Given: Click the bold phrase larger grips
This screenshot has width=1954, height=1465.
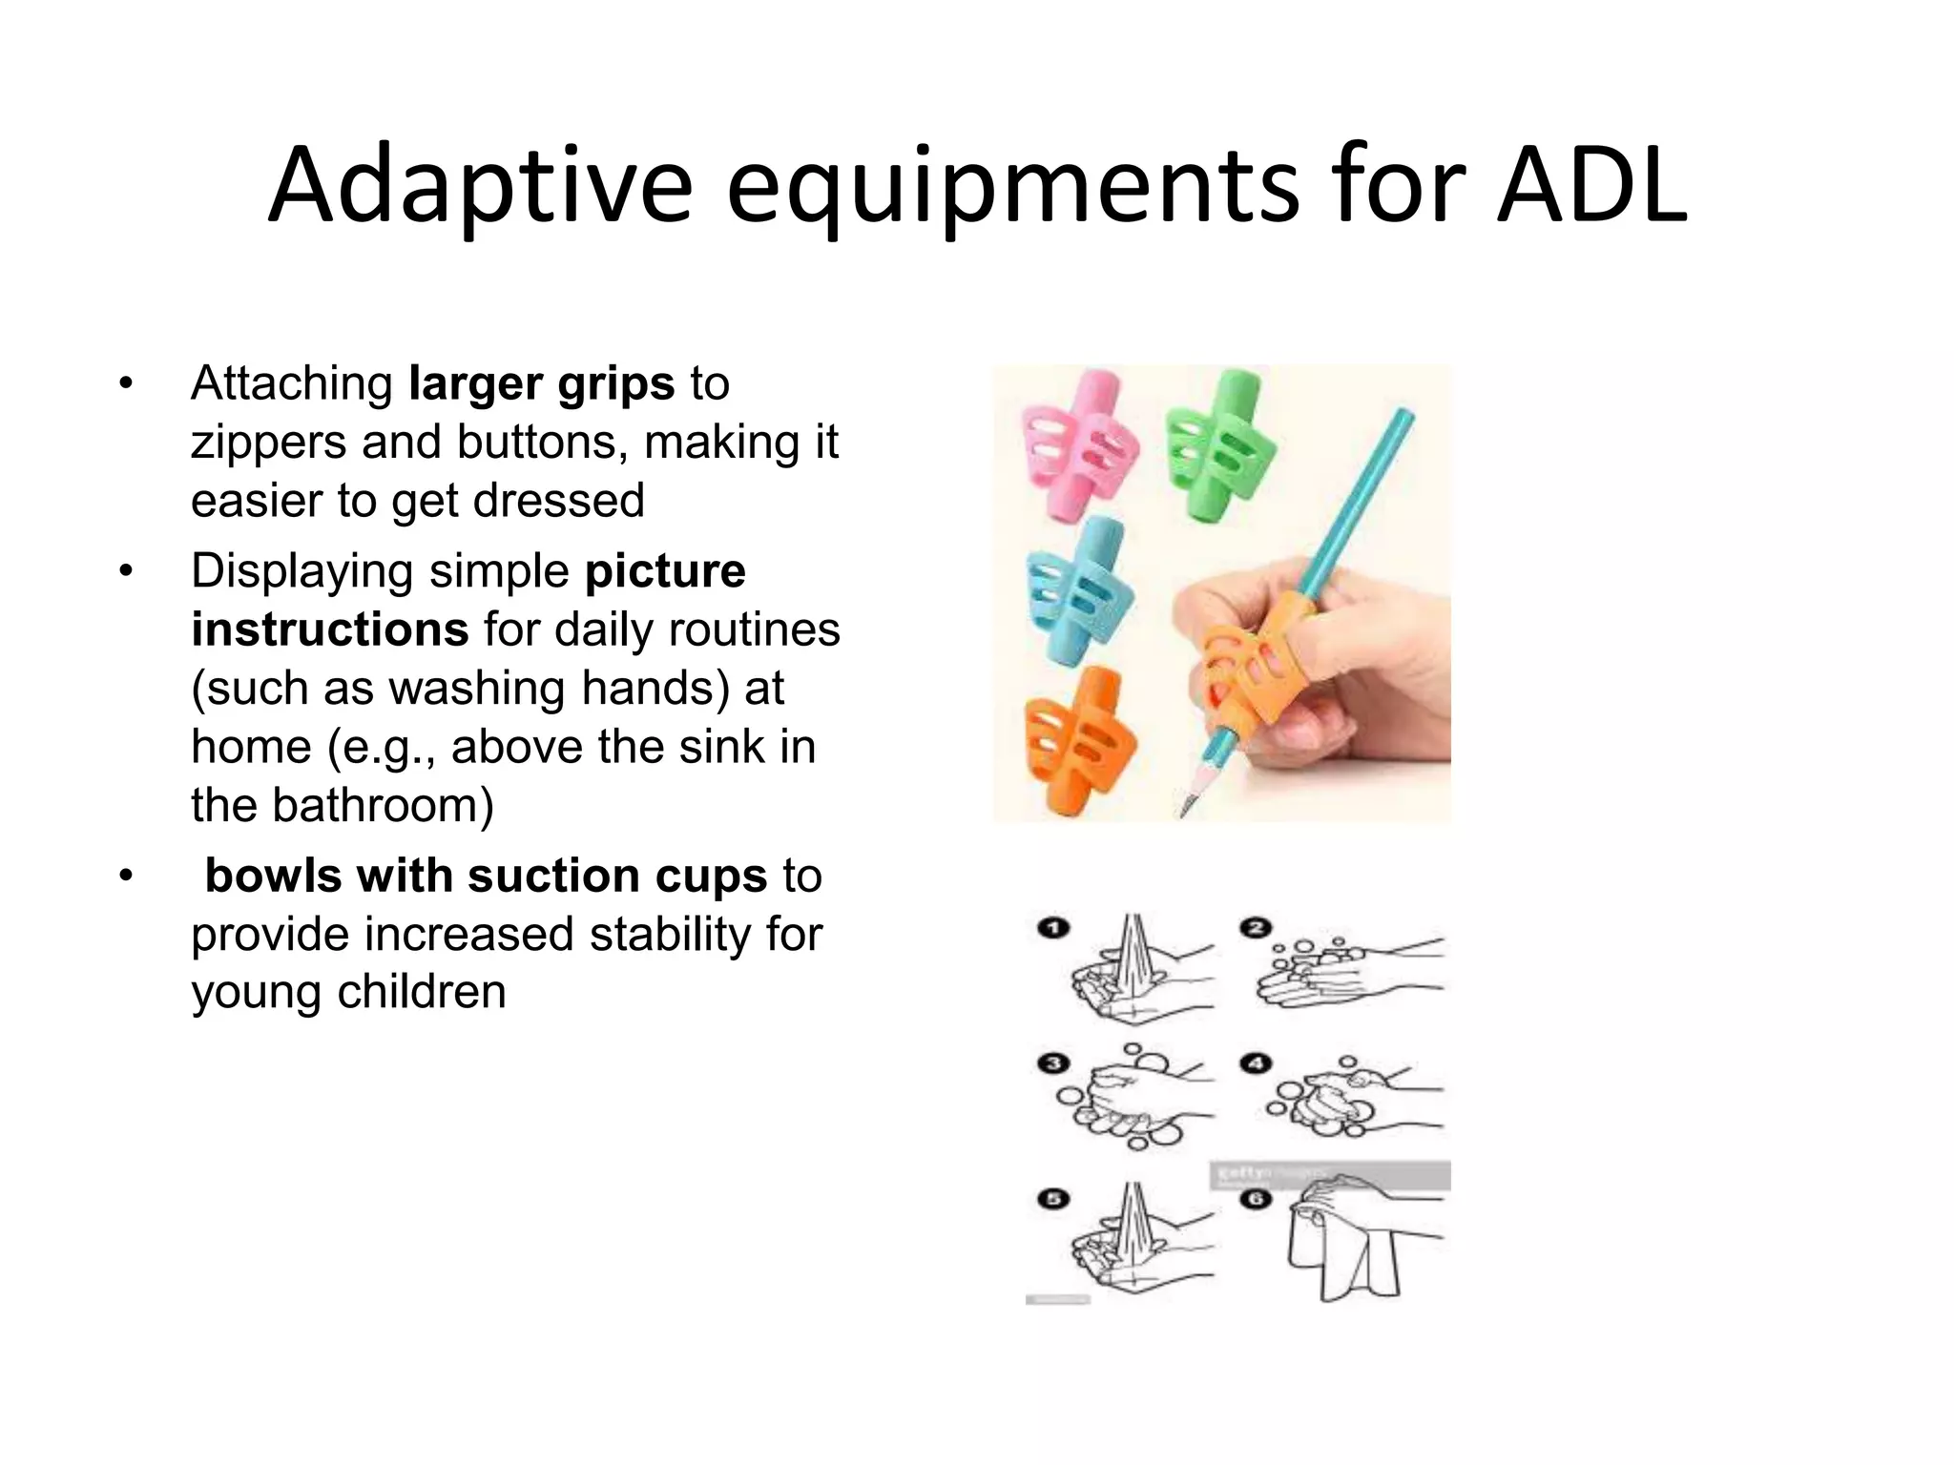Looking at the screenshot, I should click(x=541, y=384).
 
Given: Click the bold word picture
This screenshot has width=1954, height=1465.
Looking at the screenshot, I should click(x=665, y=571).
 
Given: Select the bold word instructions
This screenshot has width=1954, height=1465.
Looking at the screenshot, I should click(x=329, y=630).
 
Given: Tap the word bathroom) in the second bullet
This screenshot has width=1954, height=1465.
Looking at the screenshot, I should click(x=384, y=805).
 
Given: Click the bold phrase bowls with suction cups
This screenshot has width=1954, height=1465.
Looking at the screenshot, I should click(x=486, y=876).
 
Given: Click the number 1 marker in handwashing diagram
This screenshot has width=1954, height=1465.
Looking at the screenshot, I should click(x=1053, y=928).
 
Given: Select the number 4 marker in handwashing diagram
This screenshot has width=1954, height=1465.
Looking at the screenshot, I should click(x=1257, y=1063).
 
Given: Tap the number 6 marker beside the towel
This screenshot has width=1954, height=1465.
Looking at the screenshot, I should click(x=1257, y=1199).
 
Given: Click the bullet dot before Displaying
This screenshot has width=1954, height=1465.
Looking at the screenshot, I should click(x=124, y=572).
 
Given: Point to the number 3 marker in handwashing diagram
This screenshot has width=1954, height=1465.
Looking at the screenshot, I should click(x=1053, y=1063).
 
